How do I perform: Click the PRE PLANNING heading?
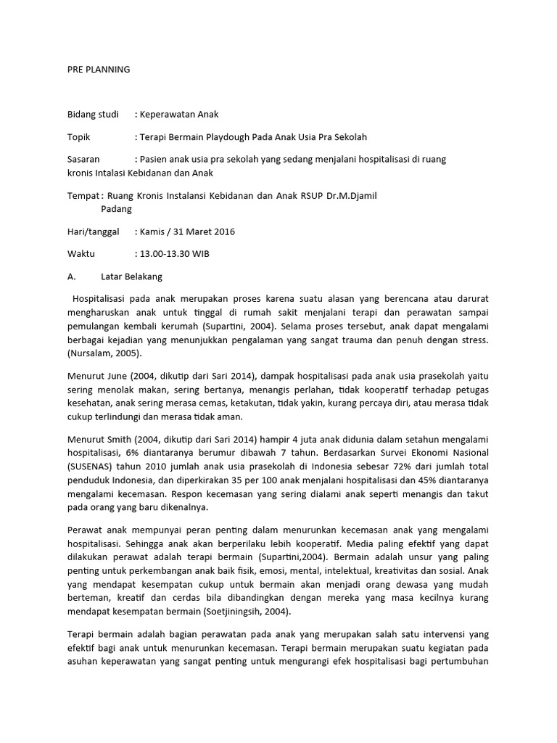(x=98, y=70)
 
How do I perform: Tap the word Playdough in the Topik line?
(x=240, y=136)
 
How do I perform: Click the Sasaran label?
(x=85, y=159)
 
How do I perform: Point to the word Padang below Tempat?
(x=117, y=209)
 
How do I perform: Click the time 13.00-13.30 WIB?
(x=176, y=254)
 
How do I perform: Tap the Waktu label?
(x=81, y=254)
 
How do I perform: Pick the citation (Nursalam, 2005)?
(x=104, y=353)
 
